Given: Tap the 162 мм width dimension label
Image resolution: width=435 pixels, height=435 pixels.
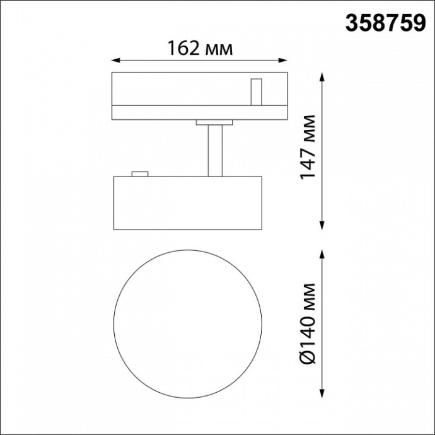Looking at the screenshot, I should pyautogui.click(x=199, y=48).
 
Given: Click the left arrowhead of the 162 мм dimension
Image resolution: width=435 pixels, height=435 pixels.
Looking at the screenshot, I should pyautogui.click(x=115, y=61).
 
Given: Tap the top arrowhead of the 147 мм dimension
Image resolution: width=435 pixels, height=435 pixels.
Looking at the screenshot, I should pyautogui.click(x=322, y=76).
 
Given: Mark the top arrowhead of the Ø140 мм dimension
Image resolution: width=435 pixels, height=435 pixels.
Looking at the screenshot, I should pyautogui.click(x=322, y=253).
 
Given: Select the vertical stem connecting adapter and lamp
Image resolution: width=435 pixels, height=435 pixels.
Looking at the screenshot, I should pyautogui.click(x=215, y=150).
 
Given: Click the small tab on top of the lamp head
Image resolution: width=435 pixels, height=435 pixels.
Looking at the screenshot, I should pyautogui.click(x=139, y=173).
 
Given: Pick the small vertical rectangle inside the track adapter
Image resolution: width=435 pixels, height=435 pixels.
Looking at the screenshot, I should pyautogui.click(x=256, y=91).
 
